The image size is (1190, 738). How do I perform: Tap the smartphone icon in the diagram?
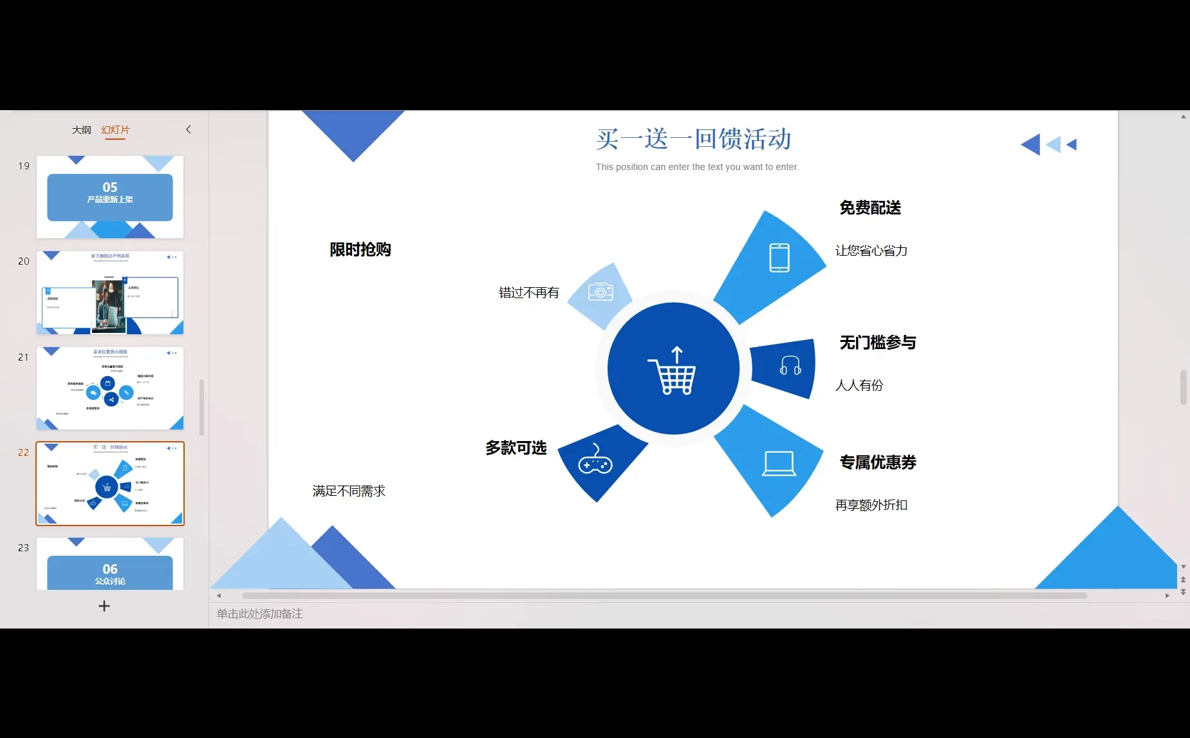779,258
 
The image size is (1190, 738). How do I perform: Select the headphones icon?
790,366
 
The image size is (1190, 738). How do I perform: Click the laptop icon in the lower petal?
778,463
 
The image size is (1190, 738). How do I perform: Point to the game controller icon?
595,459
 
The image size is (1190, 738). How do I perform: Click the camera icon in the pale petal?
600,292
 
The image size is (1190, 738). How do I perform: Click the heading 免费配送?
869,208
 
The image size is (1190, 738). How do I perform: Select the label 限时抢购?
360,250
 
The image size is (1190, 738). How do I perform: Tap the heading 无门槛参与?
877,343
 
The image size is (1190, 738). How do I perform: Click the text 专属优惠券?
877,462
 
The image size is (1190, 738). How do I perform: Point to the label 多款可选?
516,448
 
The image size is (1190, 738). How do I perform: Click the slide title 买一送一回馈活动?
693,139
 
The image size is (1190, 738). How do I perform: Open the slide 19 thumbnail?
110,197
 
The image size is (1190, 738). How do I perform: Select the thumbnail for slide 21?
110,388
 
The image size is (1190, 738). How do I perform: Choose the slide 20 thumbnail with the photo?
110,292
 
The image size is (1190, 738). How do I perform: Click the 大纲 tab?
81,130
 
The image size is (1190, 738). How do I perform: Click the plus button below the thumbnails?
104,606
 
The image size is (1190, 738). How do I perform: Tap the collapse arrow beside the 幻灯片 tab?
189,129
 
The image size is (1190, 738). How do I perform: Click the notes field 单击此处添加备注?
260,614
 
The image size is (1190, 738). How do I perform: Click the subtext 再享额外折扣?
871,506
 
